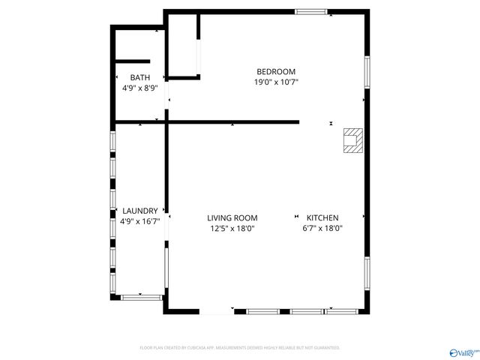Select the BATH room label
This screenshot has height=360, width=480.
click(139, 77)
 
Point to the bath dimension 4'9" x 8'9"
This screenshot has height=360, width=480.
click(139, 88)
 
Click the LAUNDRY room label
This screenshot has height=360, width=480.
click(139, 211)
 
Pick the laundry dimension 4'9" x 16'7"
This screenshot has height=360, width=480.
click(139, 222)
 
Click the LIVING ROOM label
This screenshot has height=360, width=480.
click(232, 218)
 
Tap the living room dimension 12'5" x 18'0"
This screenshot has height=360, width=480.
click(232, 229)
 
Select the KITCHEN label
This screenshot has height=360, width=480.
click(322, 218)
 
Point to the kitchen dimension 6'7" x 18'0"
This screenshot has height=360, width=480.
click(322, 229)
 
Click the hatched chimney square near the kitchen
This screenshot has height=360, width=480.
click(352, 140)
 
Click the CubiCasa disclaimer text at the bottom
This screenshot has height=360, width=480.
click(240, 348)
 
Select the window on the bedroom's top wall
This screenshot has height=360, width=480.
click(310, 11)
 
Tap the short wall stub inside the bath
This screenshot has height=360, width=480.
click(132, 61)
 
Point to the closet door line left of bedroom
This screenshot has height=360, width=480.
click(199, 56)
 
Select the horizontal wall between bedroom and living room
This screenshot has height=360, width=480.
click(232, 121)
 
